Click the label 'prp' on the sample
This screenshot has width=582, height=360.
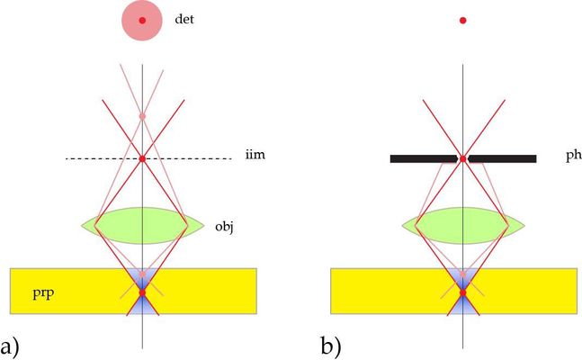tap(41, 292)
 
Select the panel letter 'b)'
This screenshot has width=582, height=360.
tap(331, 343)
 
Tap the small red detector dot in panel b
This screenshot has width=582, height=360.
tap(462, 19)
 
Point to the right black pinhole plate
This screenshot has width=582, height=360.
tap(504, 158)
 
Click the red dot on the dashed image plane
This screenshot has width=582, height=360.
tap(142, 158)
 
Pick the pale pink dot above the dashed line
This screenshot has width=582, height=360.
tap(142, 117)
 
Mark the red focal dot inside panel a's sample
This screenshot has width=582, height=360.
tap(142, 292)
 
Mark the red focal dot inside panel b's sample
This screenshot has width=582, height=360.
tap(462, 292)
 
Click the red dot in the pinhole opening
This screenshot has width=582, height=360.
tap(462, 158)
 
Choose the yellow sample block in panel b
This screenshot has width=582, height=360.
tap(378, 291)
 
